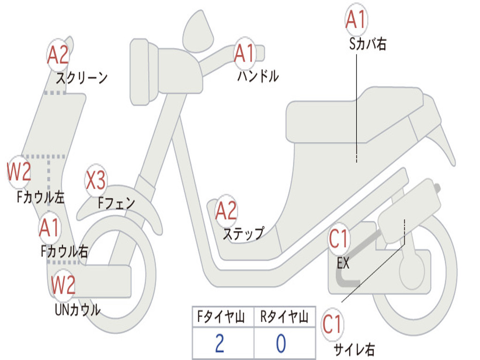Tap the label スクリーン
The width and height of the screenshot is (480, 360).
tap(82, 77)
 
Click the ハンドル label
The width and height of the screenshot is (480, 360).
tap(257, 76)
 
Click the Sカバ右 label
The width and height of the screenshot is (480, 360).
tap(368, 45)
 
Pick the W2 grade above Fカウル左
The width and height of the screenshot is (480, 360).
tap(19, 172)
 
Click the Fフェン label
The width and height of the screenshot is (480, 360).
tap(116, 203)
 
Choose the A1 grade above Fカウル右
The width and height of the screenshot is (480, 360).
tap(49, 228)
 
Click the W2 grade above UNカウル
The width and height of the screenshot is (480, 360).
tap(63, 285)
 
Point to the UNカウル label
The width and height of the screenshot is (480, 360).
tap(77, 309)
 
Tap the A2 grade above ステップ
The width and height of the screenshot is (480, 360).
tap(226, 211)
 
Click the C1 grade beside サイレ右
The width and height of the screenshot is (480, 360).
tap(333, 324)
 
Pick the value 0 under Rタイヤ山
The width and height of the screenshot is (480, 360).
tap(280, 344)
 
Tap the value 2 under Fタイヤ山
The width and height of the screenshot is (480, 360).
tap(219, 344)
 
